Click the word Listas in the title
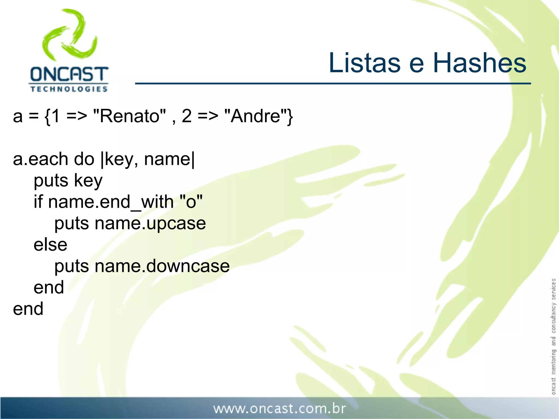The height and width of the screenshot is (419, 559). [x=365, y=63]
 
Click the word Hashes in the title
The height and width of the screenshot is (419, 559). [x=480, y=63]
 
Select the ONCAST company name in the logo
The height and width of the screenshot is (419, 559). [x=69, y=74]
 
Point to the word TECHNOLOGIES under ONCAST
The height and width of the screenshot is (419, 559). [x=69, y=89]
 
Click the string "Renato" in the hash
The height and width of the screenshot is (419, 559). [x=129, y=116]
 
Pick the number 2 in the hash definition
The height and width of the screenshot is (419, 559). [x=186, y=116]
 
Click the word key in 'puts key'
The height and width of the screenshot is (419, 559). [x=88, y=181]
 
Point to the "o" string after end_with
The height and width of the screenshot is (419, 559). [x=191, y=202]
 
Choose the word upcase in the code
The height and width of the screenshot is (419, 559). [x=176, y=223]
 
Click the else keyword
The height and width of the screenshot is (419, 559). [x=50, y=245]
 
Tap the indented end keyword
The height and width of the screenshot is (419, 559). [x=49, y=288]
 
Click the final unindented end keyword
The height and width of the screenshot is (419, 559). [x=28, y=309]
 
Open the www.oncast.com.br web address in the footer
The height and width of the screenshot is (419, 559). [x=279, y=409]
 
